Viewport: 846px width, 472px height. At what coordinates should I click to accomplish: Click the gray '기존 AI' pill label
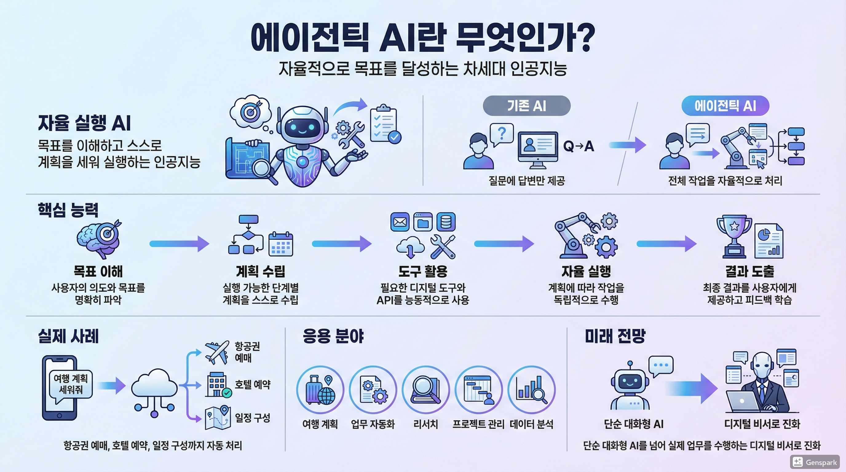pyautogui.click(x=527, y=106)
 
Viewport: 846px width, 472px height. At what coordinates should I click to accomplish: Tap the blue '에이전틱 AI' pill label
pyautogui.click(x=725, y=106)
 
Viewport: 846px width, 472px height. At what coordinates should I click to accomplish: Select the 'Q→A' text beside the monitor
pyautogui.click(x=579, y=146)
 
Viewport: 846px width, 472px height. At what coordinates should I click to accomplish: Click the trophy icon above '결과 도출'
pyautogui.click(x=734, y=236)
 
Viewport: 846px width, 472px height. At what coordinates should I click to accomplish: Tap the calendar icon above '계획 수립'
pyautogui.click(x=280, y=244)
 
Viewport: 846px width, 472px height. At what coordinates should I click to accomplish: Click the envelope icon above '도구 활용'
pyautogui.click(x=400, y=222)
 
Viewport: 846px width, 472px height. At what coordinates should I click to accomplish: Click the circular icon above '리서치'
pyautogui.click(x=426, y=390)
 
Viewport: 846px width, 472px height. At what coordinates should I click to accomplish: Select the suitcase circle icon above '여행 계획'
pyautogui.click(x=320, y=390)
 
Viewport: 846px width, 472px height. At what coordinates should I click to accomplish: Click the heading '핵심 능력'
pyautogui.click(x=68, y=210)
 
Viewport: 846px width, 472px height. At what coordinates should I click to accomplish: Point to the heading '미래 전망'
pyautogui.click(x=615, y=336)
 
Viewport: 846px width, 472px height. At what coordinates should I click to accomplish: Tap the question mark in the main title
pyautogui.click(x=585, y=37)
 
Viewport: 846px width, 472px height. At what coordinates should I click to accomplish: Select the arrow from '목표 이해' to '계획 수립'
pyautogui.click(x=179, y=244)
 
